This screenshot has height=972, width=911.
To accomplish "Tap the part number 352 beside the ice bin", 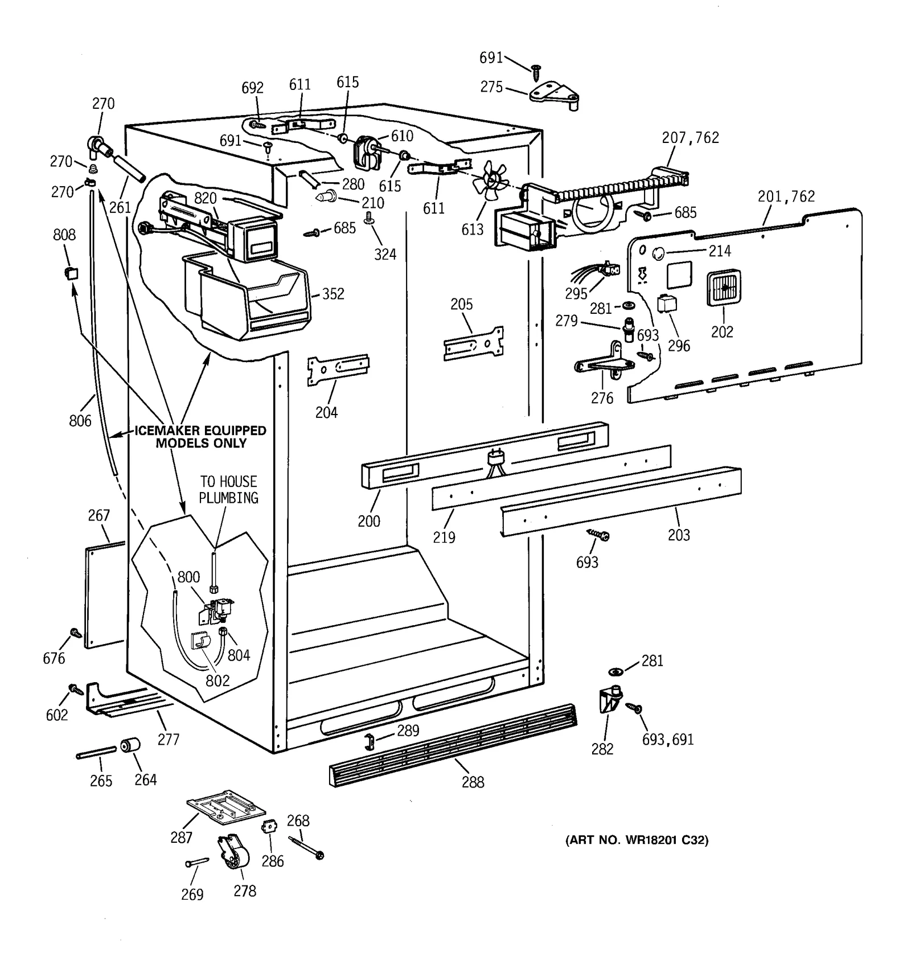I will (x=333, y=294).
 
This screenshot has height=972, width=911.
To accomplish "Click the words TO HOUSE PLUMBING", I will (x=228, y=490).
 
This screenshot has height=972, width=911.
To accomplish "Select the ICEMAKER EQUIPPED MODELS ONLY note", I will (x=200, y=437).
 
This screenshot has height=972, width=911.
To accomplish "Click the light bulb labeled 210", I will (x=326, y=196).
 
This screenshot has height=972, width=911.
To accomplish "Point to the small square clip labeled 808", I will (x=71, y=273).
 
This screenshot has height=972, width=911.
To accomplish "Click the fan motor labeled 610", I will (x=366, y=153).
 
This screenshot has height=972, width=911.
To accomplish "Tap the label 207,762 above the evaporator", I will (x=690, y=137).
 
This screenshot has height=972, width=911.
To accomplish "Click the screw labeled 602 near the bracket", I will (x=75, y=689).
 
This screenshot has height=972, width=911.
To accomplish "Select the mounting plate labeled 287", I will (x=226, y=807).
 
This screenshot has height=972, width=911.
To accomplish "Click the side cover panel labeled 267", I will (x=105, y=595).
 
